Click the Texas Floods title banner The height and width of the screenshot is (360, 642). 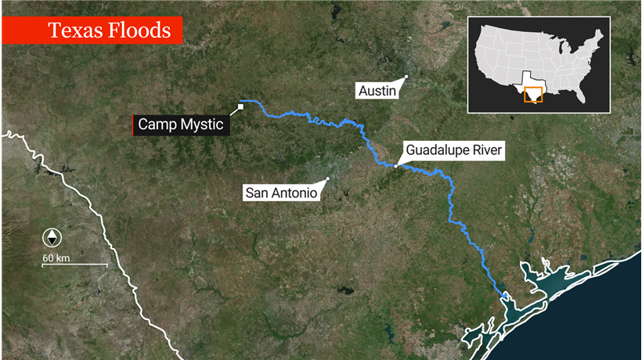(92, 31)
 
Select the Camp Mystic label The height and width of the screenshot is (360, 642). (181, 124)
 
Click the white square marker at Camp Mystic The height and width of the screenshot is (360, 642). (241, 107)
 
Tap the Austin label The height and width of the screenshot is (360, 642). (377, 91)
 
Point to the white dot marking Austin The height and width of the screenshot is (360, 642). (406, 77)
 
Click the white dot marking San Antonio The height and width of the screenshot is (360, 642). (328, 178)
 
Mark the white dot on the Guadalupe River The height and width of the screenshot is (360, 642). (396, 166)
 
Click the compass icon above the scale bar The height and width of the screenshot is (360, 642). (52, 238)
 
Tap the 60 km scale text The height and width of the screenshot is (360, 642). (56, 257)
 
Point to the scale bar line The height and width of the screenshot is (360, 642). (74, 265)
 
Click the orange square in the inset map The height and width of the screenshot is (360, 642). (533, 93)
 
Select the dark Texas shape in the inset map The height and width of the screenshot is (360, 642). (529, 91)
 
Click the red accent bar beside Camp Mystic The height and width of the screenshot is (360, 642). (134, 124)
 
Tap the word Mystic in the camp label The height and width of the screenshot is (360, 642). (201, 124)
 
